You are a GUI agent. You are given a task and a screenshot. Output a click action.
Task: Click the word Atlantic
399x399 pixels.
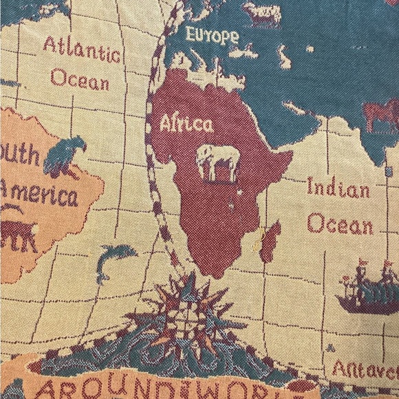81,50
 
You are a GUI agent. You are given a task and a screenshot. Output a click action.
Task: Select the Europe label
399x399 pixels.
213,34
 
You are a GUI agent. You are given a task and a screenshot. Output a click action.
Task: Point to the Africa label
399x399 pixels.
186,125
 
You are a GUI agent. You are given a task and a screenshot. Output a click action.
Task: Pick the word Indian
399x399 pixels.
338,188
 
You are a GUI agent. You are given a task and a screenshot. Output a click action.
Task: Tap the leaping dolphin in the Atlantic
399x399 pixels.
114,261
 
